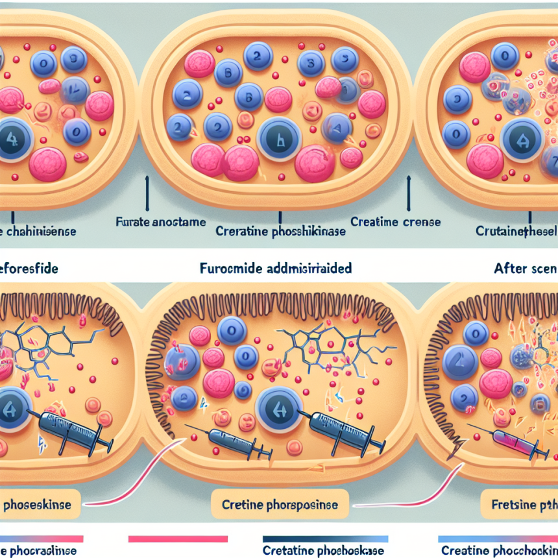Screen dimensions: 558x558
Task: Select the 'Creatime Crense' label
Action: click(395, 222)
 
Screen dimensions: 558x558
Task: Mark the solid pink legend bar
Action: click(178, 539)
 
